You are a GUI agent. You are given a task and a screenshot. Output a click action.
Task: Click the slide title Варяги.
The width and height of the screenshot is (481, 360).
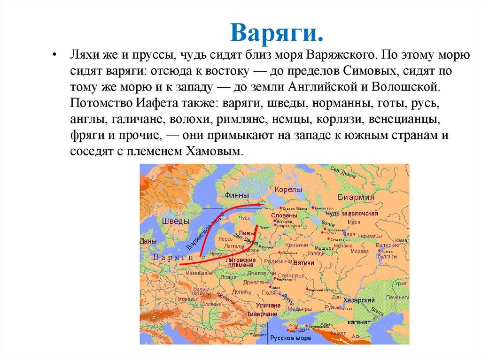(x=277, y=32)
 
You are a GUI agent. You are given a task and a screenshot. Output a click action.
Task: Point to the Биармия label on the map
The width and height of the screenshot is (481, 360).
(x=356, y=198)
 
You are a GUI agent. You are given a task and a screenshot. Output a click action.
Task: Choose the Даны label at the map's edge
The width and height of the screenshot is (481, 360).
(x=147, y=241)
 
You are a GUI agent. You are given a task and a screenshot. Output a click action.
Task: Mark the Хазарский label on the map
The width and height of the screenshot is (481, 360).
(x=359, y=300)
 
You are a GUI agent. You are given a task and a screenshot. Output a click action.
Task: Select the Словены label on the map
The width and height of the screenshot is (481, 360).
(x=284, y=215)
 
